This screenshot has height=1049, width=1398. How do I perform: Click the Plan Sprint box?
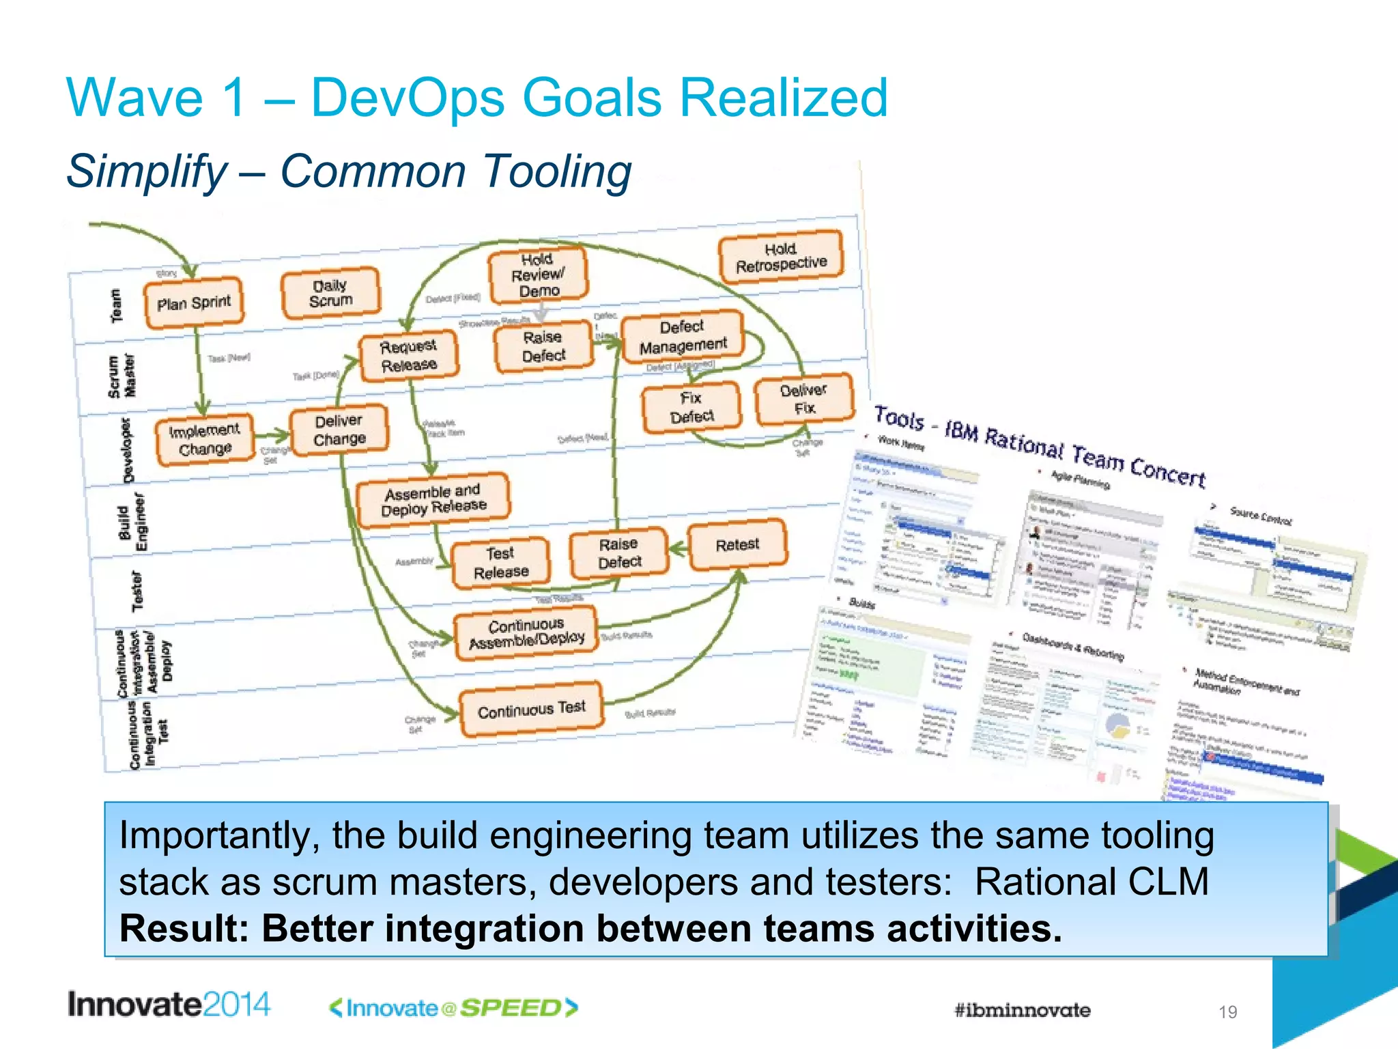pyautogui.click(x=194, y=303)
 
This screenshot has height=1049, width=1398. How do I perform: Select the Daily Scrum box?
pyautogui.click(x=331, y=293)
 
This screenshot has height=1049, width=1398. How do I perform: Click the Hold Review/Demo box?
pyautogui.click(x=539, y=275)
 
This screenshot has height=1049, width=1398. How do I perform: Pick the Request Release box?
pyautogui.click(x=409, y=355)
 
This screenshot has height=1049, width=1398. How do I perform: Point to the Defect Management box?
pyautogui.click(x=683, y=337)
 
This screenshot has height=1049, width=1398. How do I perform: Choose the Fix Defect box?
pyautogui.click(x=691, y=408)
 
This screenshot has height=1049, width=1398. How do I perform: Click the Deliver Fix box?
pyautogui.click(x=804, y=399)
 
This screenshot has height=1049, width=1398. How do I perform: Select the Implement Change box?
pyautogui.click(x=205, y=440)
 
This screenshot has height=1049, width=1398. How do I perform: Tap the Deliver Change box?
pyautogui.click(x=339, y=430)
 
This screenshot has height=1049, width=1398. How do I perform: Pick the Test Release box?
pyautogui.click(x=501, y=563)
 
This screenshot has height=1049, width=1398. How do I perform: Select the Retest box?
pyautogui.click(x=737, y=544)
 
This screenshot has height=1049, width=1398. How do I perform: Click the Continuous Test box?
pyautogui.click(x=532, y=710)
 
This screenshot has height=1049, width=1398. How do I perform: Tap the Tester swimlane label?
pyautogui.click(x=138, y=591)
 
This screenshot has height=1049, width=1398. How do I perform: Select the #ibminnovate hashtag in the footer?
pyautogui.click(x=1022, y=1010)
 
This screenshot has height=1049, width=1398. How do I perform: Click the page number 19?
pyautogui.click(x=1227, y=1012)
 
